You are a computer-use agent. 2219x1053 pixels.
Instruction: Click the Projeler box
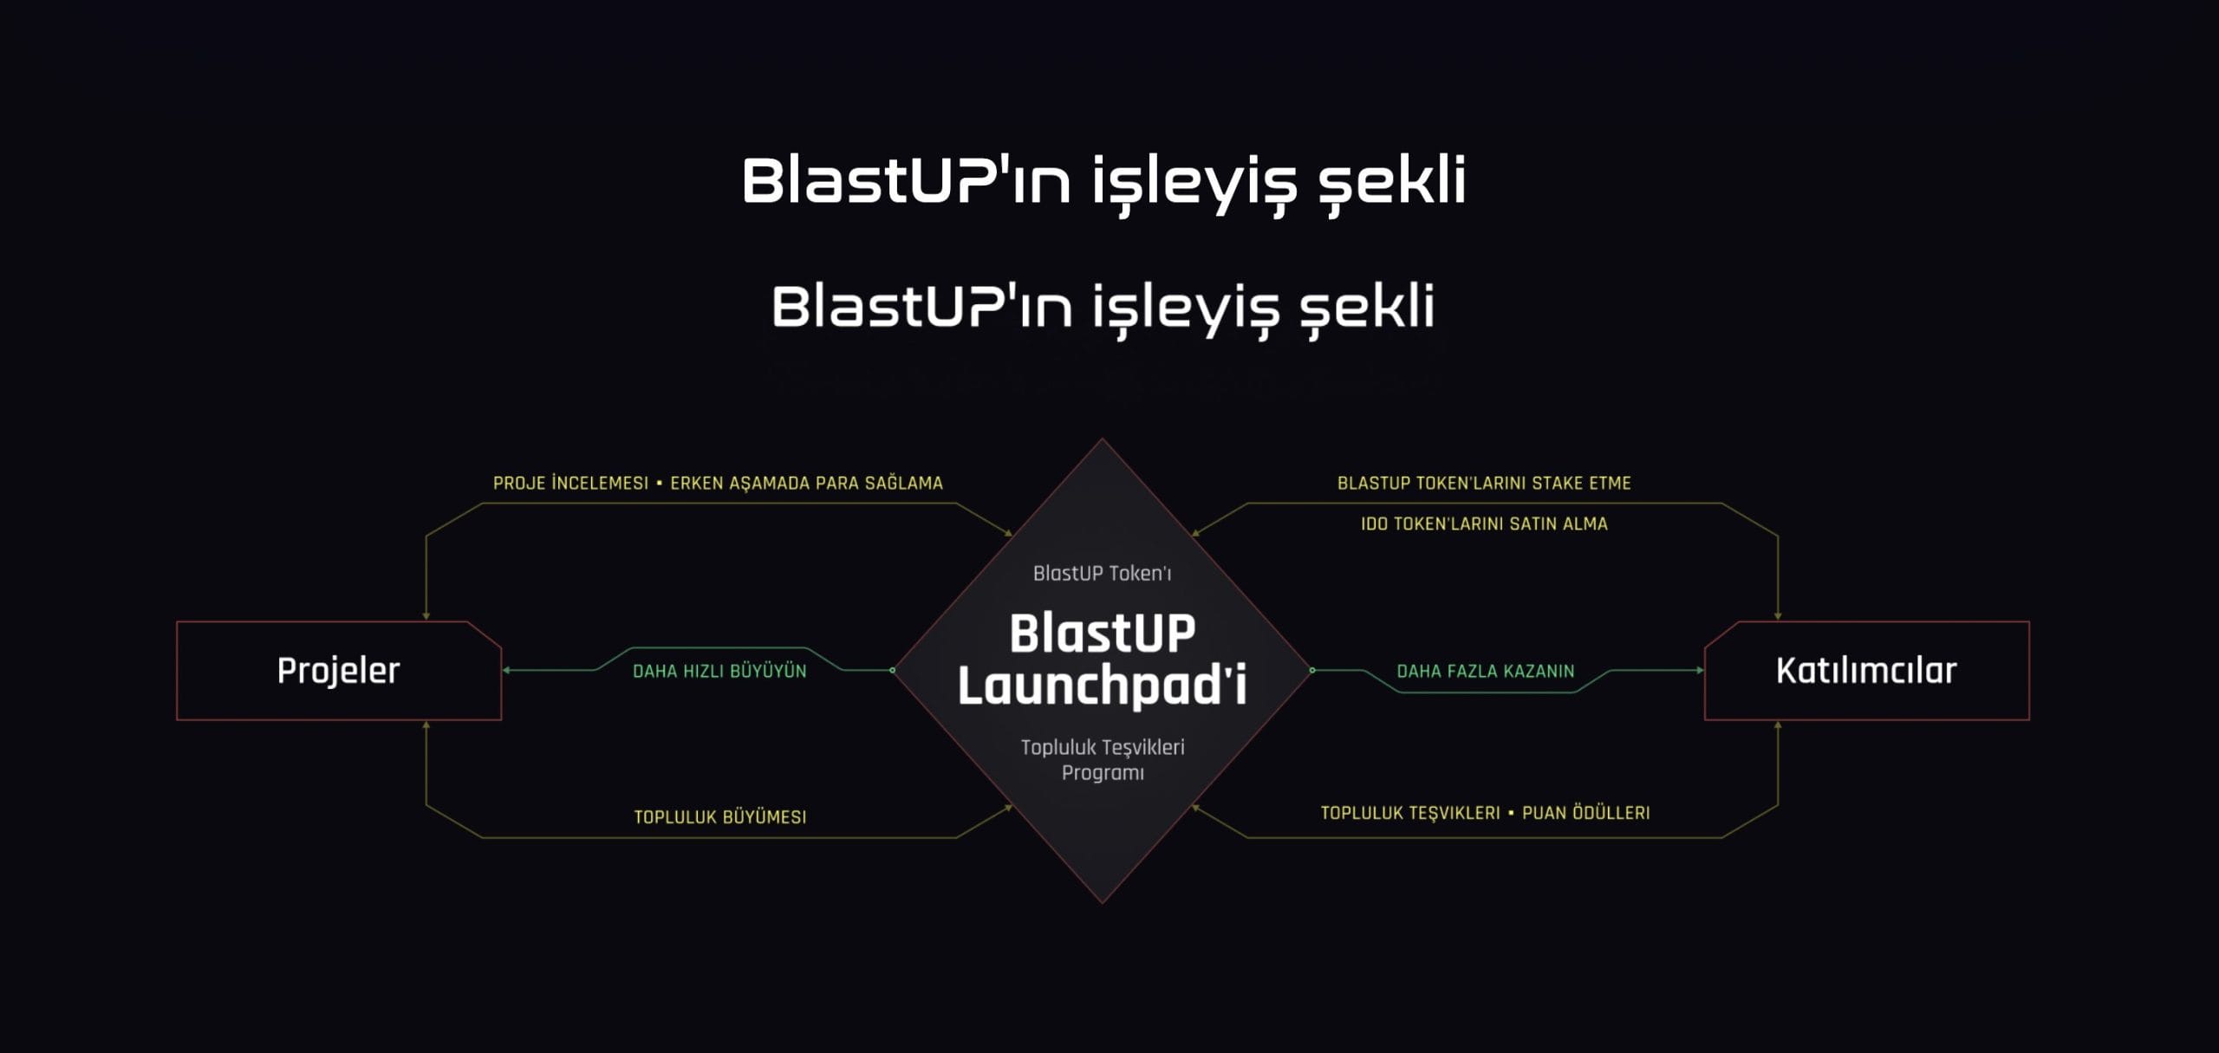point(339,670)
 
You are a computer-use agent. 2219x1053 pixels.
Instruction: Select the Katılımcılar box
point(1866,670)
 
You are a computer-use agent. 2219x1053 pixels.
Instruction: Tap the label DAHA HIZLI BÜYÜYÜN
point(719,671)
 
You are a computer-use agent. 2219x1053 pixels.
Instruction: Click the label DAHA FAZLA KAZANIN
point(1486,671)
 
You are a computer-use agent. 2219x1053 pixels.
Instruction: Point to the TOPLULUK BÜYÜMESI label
point(720,816)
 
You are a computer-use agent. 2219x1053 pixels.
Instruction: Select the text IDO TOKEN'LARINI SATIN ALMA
point(1484,523)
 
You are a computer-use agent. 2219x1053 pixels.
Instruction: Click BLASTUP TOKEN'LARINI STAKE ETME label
point(1484,483)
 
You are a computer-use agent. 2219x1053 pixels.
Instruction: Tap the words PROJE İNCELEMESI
point(570,483)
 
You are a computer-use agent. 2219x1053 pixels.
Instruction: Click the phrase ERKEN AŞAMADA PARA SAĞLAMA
point(806,483)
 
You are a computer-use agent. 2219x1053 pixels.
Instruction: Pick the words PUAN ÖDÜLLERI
point(1586,813)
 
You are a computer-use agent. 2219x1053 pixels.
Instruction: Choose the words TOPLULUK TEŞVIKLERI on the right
point(1410,813)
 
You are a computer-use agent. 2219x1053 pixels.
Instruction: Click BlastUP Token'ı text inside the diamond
point(1102,573)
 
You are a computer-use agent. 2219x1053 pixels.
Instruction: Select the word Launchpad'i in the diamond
point(1102,685)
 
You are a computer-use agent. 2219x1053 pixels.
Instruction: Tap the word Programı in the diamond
point(1103,772)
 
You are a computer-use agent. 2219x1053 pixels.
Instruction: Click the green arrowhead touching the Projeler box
point(506,670)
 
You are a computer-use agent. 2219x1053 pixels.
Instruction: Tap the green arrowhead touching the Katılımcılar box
point(1700,670)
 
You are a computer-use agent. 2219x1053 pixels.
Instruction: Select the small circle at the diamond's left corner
point(892,670)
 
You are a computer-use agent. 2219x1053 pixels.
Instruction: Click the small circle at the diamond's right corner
point(1312,670)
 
